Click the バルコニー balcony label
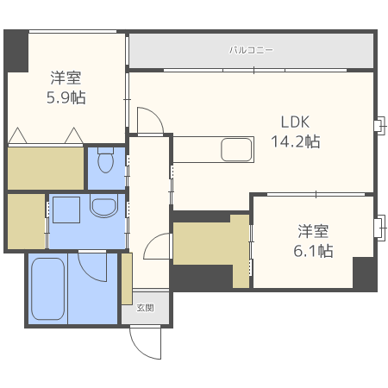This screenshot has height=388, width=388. click(251, 50)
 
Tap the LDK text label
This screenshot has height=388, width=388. click(295, 122)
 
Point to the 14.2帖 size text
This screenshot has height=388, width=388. click(296, 141)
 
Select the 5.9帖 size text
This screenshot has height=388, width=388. click(66, 97)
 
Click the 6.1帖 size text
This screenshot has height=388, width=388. click(313, 251)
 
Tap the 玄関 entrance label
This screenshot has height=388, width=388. click(145, 308)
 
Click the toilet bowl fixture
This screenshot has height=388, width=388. click(105, 160)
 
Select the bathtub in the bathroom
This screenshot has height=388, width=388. click(47, 289)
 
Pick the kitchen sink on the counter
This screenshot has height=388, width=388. click(236, 149)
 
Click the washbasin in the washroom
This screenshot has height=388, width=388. click(103, 205)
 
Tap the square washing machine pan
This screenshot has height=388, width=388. click(66, 210)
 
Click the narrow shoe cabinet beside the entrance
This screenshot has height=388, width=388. click(127, 278)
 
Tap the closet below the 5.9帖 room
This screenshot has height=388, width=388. click(46, 168)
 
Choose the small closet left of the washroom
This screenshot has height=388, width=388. click(26, 222)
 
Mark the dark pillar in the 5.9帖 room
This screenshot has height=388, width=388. click(16, 51)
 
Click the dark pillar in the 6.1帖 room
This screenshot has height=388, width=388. click(364, 273)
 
